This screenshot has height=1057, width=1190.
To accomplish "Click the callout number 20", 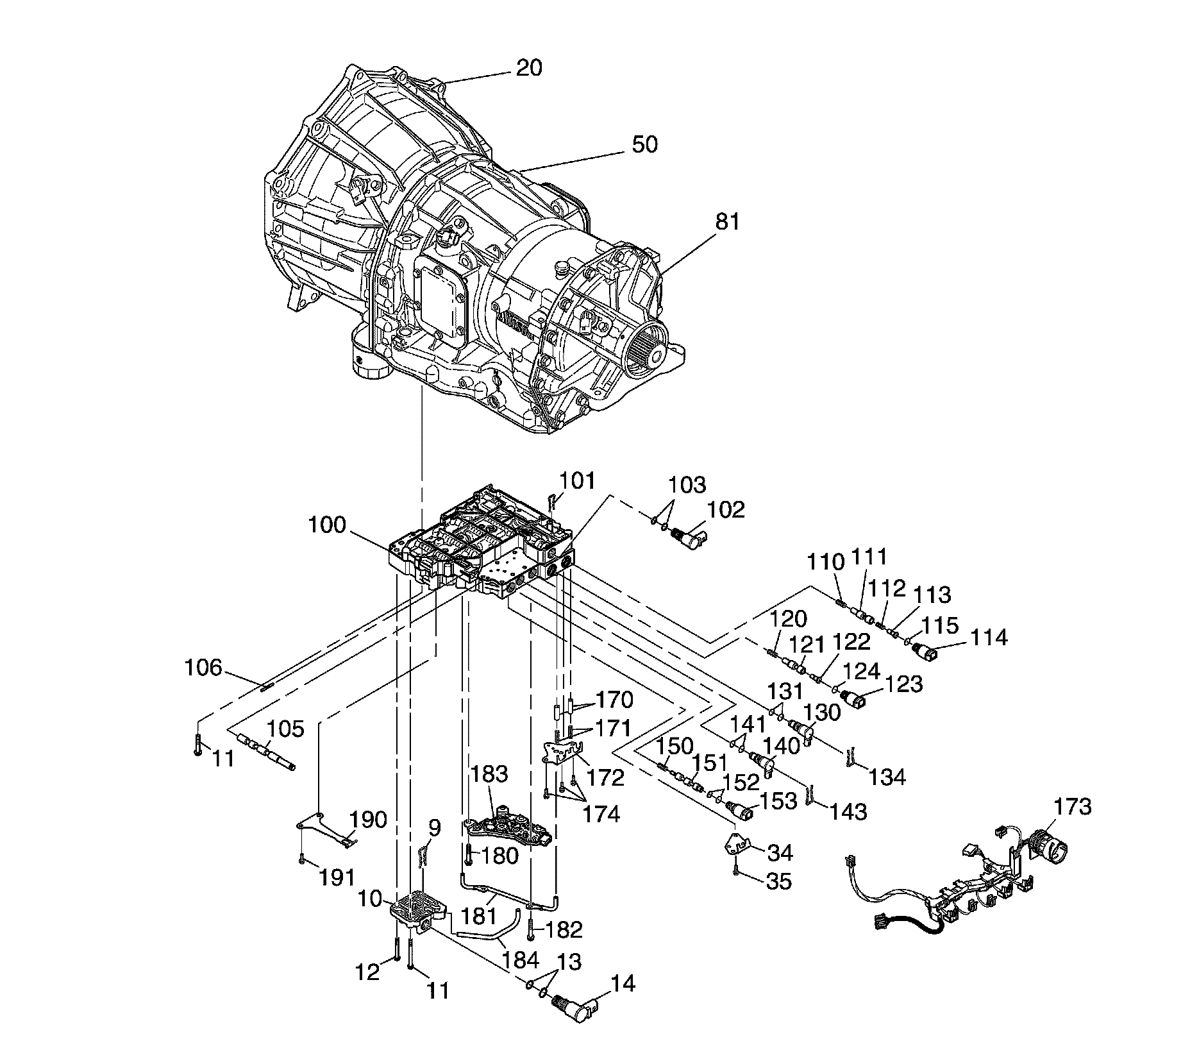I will [529, 67].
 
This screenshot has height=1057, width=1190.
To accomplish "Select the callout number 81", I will [727, 222].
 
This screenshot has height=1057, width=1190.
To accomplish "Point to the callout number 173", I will [1073, 806].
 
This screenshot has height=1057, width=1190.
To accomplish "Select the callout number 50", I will [644, 144].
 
